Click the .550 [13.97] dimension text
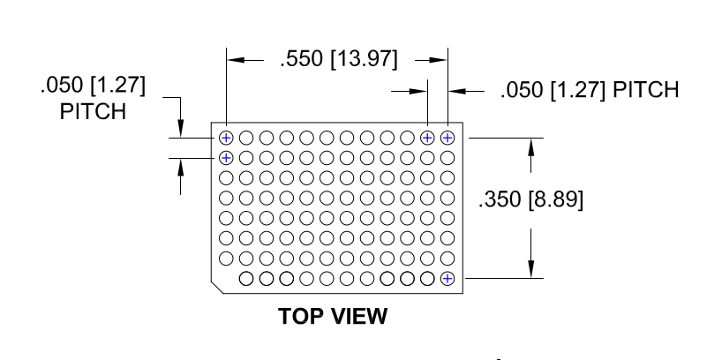coord(339,60)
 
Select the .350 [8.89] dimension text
coord(530,200)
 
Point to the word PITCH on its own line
coord(93,113)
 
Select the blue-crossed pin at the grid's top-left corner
coord(226,137)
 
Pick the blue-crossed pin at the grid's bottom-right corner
coord(447,279)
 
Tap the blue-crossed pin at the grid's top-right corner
coord(447,137)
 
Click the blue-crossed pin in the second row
coord(226,158)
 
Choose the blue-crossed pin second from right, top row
coord(427,137)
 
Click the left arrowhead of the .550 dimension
coord(235,60)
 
